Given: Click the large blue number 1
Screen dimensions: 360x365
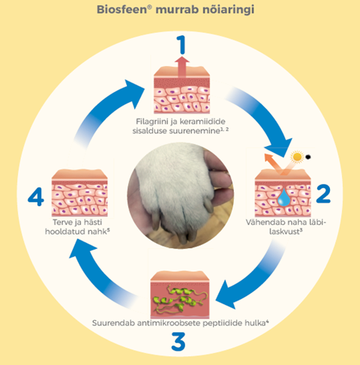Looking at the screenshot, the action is [x=181, y=44].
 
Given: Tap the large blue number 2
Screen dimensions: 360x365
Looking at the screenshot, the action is [x=323, y=193].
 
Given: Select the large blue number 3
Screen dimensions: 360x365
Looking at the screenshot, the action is [x=178, y=341].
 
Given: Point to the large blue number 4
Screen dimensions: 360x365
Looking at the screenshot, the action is [x=36, y=197].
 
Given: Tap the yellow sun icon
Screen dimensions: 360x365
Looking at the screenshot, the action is [x=297, y=157].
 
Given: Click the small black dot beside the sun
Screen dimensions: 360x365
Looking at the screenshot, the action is [x=308, y=157].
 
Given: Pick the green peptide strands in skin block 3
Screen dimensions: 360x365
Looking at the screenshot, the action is [x=180, y=299].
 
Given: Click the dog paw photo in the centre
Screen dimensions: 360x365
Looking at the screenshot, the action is [x=180, y=196].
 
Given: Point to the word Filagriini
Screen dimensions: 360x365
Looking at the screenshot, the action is [x=153, y=121].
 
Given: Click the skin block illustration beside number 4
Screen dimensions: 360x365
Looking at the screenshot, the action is [x=79, y=193].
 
